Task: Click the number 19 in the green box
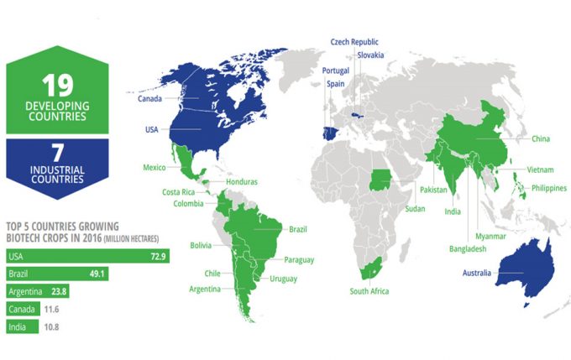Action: [60, 84]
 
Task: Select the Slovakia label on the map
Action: [369, 55]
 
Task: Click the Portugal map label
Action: [335, 71]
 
